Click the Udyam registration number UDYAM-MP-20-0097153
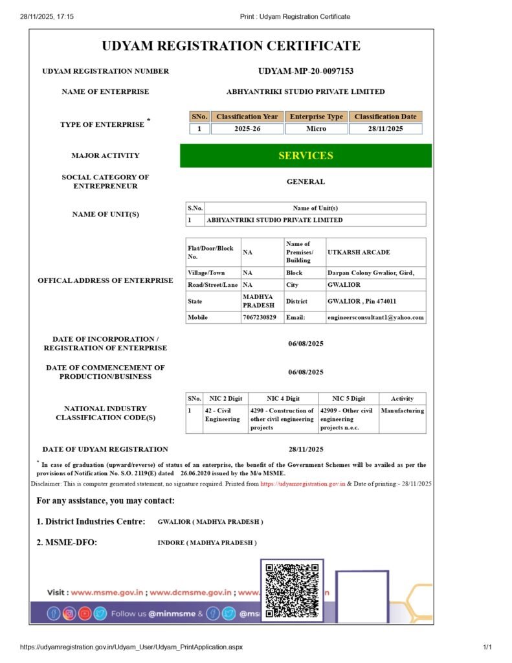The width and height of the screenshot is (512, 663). point(306,71)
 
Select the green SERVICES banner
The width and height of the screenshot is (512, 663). point(306,155)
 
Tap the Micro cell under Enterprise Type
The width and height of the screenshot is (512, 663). point(316,129)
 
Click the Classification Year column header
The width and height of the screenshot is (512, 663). point(247,117)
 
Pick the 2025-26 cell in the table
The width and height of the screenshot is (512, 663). point(247,129)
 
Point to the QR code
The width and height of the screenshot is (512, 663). point(293,589)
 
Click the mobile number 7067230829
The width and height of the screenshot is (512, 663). point(259,317)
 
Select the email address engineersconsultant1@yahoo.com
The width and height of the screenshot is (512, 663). point(376,317)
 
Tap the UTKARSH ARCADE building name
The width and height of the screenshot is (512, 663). point(359,252)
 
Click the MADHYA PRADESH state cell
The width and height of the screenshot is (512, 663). point(258,301)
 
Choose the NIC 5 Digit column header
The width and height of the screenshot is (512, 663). point(348,398)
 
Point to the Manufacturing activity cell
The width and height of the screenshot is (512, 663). point(402,410)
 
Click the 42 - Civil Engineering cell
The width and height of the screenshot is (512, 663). point(222,414)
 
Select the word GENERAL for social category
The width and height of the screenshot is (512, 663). point(306,182)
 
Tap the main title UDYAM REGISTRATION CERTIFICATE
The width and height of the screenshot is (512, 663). point(231,46)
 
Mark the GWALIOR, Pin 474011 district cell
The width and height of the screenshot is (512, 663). point(362,301)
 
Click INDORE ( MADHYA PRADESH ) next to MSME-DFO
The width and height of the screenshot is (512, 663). point(207,543)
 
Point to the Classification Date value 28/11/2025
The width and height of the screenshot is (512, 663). point(385,129)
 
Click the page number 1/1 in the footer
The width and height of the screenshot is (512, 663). point(487,647)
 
